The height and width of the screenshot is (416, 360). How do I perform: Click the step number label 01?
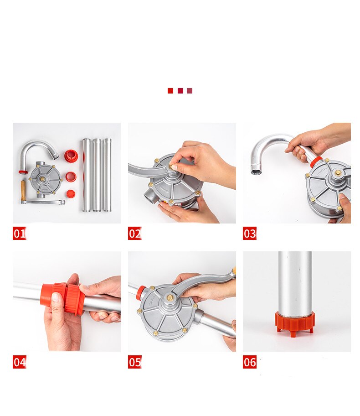(x=19, y=234)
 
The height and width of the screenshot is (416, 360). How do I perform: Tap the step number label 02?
(x=134, y=234)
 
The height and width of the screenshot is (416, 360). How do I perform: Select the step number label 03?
(x=249, y=234)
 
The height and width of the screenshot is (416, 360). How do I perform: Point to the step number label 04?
(x=19, y=362)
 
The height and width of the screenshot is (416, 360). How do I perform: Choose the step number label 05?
(x=134, y=362)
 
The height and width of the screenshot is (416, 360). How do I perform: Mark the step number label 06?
(x=249, y=362)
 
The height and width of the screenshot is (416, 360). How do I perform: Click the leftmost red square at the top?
(x=170, y=91)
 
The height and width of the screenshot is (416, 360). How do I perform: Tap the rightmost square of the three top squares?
(x=190, y=91)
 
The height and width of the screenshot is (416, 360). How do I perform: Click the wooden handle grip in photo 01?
(x=23, y=190)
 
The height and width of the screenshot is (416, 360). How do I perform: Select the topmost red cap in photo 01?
(x=71, y=156)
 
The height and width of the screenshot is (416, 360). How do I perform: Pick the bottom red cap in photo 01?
(x=71, y=193)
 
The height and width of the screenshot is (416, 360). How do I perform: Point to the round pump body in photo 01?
(x=45, y=179)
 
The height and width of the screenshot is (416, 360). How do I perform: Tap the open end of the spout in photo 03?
(x=256, y=172)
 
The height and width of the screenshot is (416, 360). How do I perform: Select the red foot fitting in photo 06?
(x=294, y=322)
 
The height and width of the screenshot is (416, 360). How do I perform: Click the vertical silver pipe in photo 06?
(x=295, y=283)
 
